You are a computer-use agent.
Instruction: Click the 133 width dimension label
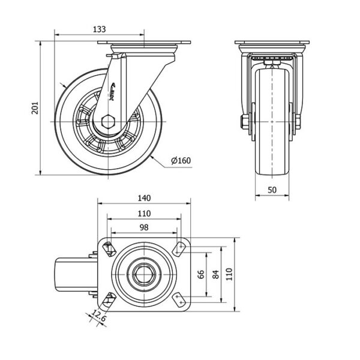tap(101, 28)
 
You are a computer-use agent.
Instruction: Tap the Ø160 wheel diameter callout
tap(181, 160)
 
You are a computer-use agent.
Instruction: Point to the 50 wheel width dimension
tap(273, 190)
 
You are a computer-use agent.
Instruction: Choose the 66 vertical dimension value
tap(202, 274)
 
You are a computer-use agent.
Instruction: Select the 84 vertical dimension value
tap(217, 274)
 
